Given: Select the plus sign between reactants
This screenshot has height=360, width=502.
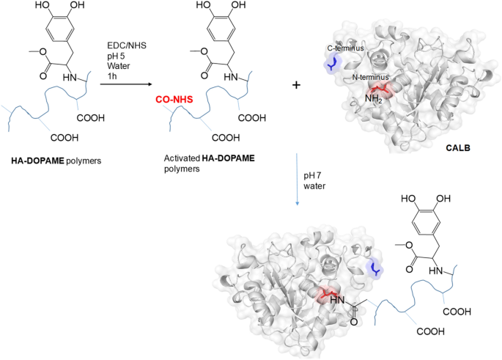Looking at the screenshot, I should (297, 85).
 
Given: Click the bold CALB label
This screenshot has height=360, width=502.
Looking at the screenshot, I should (458, 148).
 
